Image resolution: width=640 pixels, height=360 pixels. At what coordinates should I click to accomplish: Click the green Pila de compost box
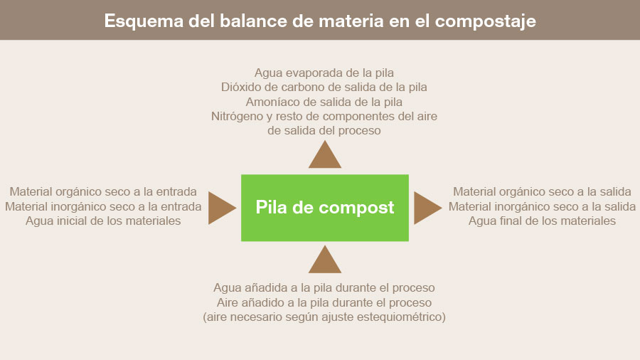pos(325,208)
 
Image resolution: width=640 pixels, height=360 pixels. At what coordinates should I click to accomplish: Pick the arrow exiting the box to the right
pos(427,208)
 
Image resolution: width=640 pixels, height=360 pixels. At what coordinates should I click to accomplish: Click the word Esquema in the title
pos(144,21)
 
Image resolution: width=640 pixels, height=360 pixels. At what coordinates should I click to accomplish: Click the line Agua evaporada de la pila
pos(324,73)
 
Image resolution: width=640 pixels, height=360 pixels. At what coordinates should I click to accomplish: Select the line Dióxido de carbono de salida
pos(324,88)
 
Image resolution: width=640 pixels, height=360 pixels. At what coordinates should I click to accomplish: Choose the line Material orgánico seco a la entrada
pos(103,192)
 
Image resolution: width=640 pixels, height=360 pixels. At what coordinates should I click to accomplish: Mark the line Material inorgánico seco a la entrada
pos(103,206)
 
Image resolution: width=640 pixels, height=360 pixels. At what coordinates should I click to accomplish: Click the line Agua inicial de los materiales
pos(103,221)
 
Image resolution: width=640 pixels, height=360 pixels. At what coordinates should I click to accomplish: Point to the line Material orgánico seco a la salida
pos(542,192)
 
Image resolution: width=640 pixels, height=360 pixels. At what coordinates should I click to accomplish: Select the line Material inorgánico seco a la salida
pos(542,206)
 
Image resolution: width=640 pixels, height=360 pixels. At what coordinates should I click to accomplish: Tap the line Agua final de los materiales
pos(542,221)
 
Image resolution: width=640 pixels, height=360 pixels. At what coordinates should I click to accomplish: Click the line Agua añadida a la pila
pos(324,288)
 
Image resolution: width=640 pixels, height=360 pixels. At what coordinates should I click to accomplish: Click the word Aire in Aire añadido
pos(227,303)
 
